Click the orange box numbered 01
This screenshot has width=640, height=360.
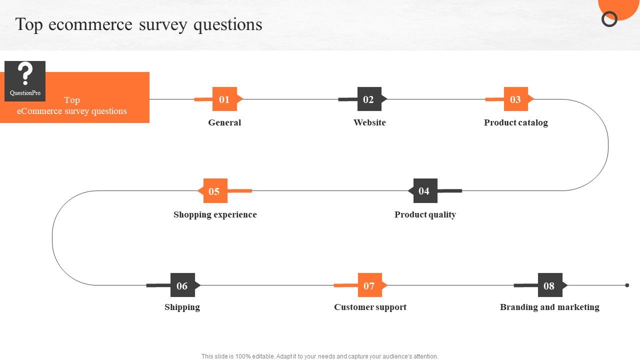point(224,99)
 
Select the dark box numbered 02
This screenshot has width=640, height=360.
point(369,99)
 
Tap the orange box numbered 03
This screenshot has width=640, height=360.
point(515,99)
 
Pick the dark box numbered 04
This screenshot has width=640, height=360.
point(425,191)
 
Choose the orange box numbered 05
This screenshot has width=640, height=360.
point(215,191)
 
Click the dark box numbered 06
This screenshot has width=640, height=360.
point(183,285)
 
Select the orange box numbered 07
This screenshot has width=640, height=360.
point(370,285)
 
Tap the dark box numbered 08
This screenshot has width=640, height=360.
point(550,285)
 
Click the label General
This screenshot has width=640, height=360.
point(224,122)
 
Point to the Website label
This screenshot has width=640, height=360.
point(369,122)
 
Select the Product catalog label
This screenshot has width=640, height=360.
point(516,123)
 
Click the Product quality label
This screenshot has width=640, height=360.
point(425,215)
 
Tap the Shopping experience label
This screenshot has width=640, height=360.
point(215,215)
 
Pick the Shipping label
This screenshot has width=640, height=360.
point(182,307)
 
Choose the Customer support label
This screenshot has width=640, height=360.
point(370,307)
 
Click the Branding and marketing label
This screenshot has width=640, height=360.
point(549,307)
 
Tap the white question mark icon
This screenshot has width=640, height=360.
point(25,73)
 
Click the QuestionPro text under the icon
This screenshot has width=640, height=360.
point(25,93)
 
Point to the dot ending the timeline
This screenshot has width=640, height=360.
point(627,285)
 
